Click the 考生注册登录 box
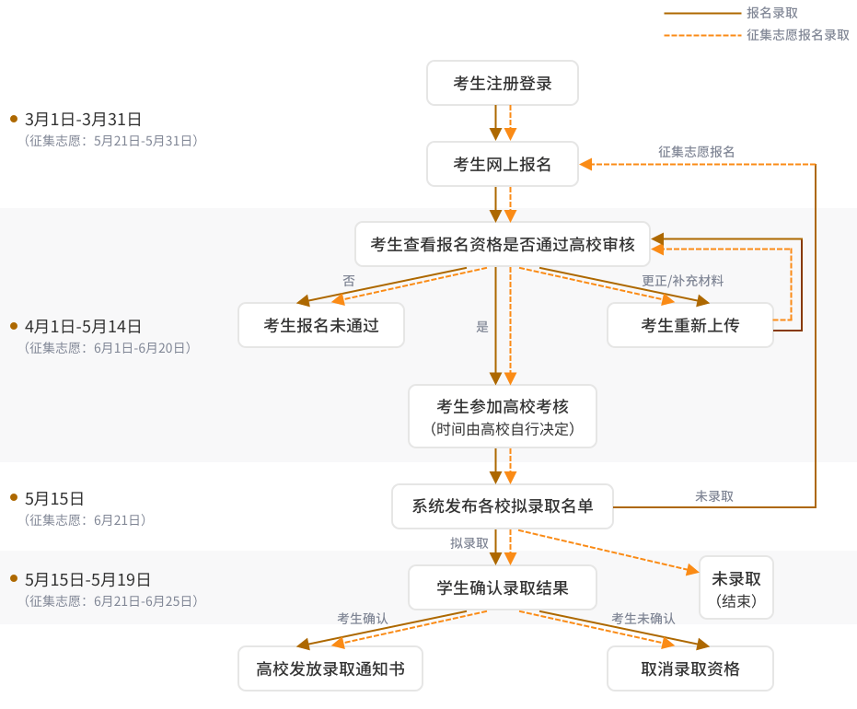[x=503, y=83]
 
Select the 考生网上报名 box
[x=503, y=164]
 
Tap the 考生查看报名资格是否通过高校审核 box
[x=503, y=244]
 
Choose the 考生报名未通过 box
[x=321, y=325]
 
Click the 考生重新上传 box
[x=690, y=325]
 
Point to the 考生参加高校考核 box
[x=503, y=416]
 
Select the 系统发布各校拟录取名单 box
[x=503, y=506]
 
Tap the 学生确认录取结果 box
[x=503, y=587]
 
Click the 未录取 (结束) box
[x=736, y=587]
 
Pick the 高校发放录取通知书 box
[x=330, y=668]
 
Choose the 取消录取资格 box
[x=690, y=668]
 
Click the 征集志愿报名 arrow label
[x=696, y=151]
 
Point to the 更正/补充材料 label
[x=682, y=280]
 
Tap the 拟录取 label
[x=469, y=542]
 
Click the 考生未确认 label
[x=643, y=619]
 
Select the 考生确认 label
[x=363, y=619]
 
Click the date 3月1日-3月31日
[x=84, y=119]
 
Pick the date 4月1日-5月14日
[x=84, y=326]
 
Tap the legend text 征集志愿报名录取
[x=798, y=35]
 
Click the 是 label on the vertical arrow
[x=482, y=326]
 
